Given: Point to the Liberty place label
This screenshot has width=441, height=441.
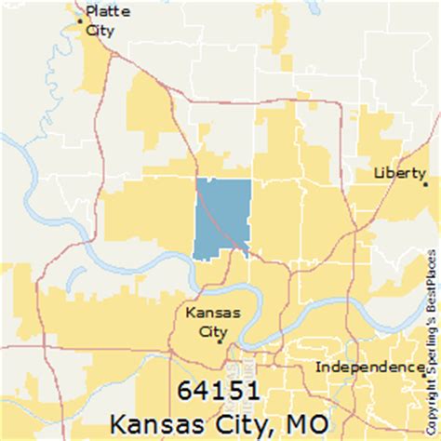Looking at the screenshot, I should (399, 173).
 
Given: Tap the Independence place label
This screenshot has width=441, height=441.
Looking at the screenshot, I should (368, 367).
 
